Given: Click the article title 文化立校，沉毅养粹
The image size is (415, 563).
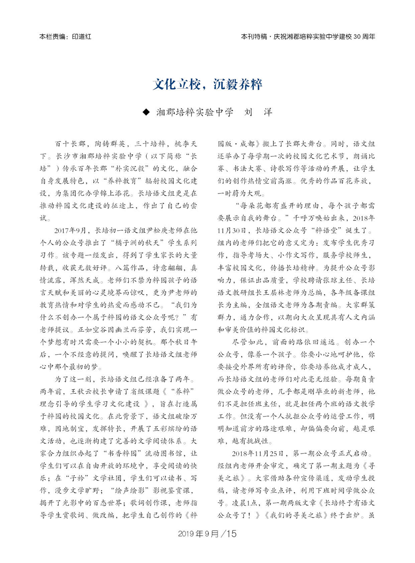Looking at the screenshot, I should coord(207,84).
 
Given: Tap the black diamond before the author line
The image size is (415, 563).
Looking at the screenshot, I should coord(146,112).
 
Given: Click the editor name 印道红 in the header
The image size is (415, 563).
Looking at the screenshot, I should coord(82,37).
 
